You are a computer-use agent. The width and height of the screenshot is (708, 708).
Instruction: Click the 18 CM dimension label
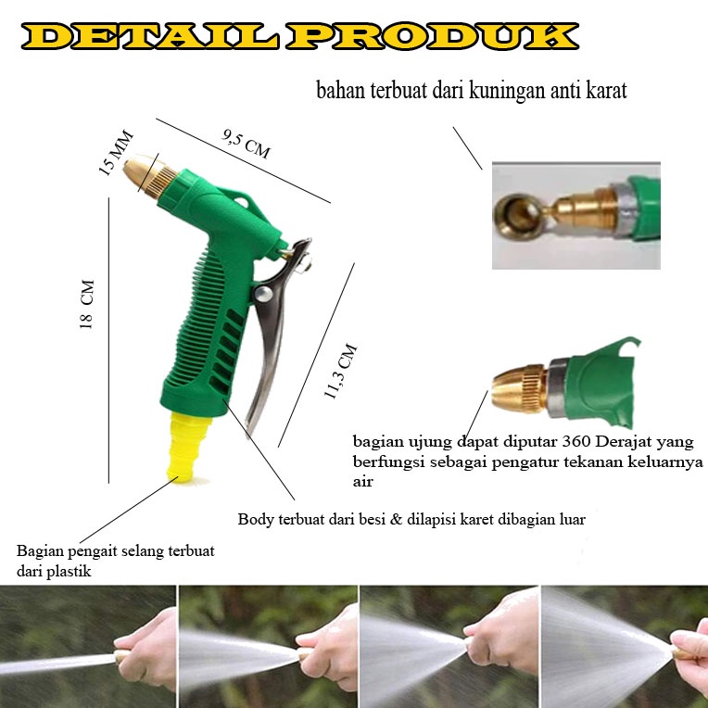click(87, 304)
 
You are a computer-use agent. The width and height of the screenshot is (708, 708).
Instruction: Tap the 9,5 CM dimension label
click(246, 144)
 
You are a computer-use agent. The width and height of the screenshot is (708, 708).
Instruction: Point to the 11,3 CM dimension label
click(340, 372)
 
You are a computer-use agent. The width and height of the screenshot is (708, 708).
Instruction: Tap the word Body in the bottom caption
click(254, 520)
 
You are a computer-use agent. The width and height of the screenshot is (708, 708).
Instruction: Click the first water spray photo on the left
click(88, 646)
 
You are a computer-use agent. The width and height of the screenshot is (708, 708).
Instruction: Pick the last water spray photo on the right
click(624, 646)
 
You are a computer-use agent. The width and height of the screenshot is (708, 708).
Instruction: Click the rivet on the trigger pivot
click(262, 295)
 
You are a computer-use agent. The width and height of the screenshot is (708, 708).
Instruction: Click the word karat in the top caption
click(606, 91)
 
